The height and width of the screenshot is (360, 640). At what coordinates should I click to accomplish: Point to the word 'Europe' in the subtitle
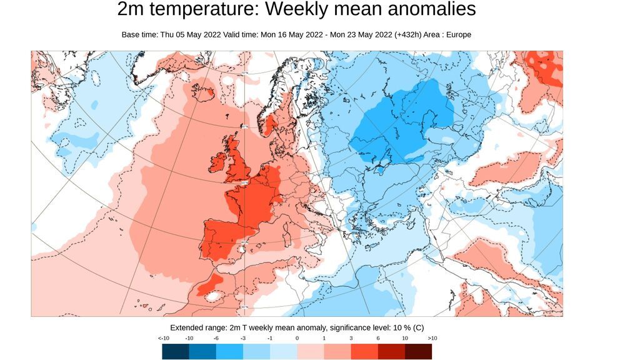(458, 35)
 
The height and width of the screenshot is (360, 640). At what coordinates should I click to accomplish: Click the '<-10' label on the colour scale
(164, 338)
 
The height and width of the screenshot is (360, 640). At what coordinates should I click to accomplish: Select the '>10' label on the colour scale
(432, 338)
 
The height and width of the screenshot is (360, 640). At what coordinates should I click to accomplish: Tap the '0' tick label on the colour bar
(297, 338)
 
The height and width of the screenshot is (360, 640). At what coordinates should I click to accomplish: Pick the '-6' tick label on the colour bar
(216, 338)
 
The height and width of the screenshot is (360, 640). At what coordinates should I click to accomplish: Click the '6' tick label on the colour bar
(378, 338)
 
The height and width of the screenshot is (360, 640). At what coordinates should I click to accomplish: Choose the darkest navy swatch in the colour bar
(175, 351)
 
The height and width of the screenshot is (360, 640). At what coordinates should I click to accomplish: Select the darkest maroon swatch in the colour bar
(418, 351)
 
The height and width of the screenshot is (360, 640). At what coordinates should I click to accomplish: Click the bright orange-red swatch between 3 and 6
(364, 351)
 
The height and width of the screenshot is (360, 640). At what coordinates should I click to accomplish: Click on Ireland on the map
(219, 163)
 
